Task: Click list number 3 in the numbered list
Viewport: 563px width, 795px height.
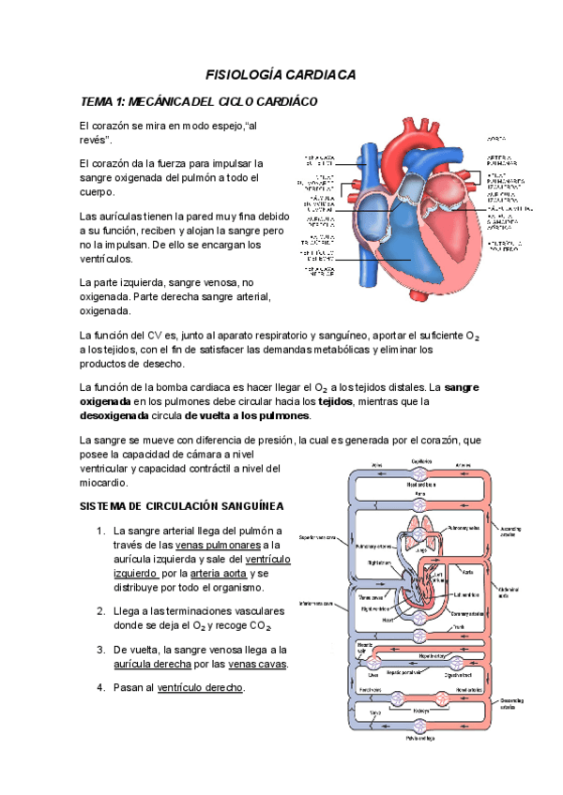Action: [100, 650]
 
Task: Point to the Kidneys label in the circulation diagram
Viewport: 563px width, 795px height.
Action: [420, 711]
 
